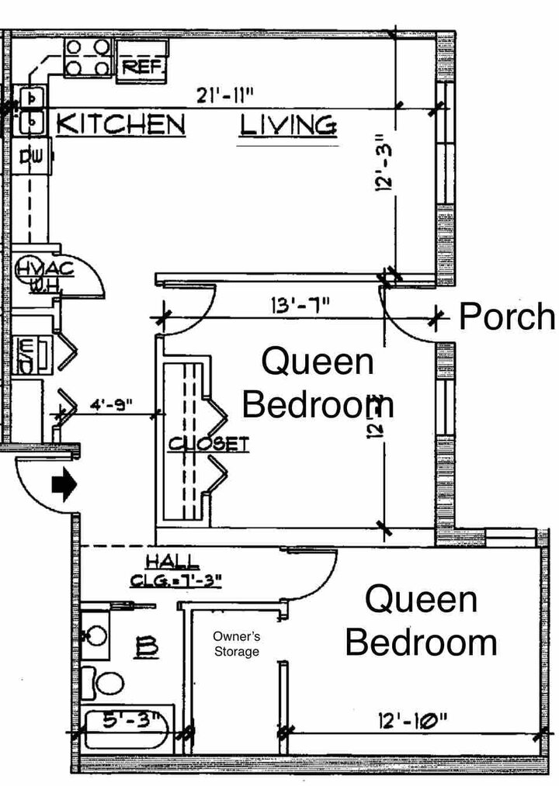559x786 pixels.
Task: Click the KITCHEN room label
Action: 121,123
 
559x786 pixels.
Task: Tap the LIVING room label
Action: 287,124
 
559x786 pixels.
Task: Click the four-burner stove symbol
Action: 86,57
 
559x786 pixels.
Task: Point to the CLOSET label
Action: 209,444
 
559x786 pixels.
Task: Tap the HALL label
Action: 172,563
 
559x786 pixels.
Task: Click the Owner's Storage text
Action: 236,644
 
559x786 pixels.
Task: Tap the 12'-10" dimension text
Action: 415,720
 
